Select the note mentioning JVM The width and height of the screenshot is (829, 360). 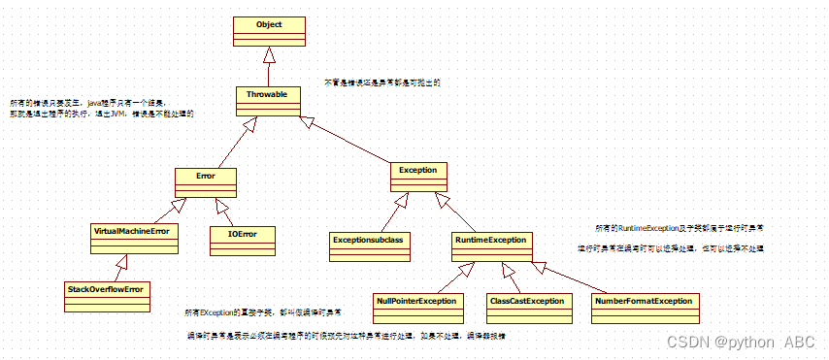pyautogui.click(x=102, y=108)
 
